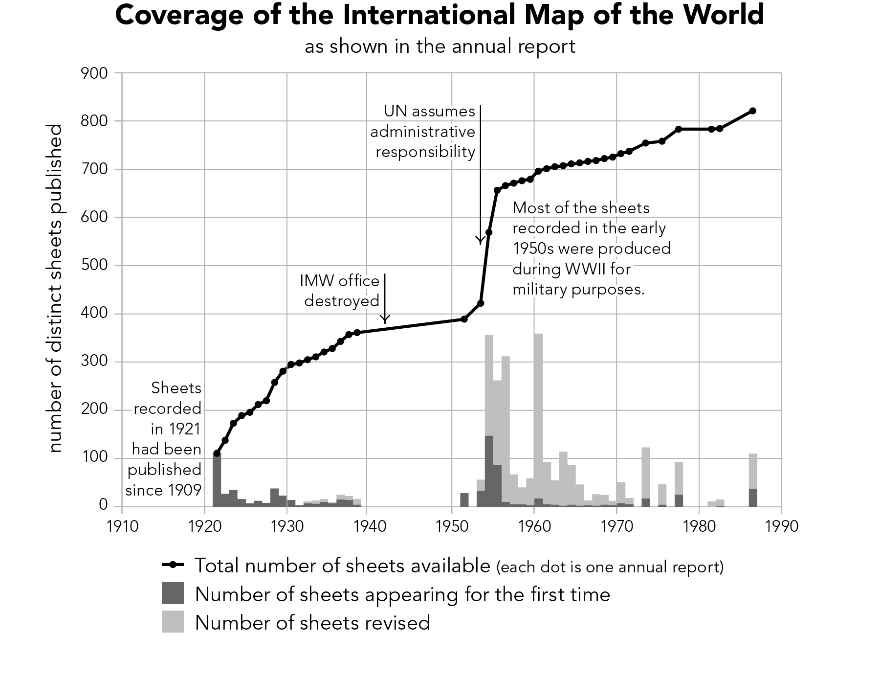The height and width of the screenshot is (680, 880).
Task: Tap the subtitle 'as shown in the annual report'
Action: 440,47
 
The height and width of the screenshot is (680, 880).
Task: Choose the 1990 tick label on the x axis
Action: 781,526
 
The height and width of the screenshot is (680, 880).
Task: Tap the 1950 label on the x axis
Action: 452,526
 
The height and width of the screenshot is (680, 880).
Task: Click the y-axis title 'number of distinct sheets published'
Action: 56,289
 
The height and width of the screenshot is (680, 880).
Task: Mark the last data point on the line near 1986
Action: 752,111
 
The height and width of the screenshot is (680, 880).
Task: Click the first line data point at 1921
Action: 217,453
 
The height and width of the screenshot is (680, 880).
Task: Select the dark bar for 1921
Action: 217,479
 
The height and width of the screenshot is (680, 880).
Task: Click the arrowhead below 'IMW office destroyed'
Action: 385,320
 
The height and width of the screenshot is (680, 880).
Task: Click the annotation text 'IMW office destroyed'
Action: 341,291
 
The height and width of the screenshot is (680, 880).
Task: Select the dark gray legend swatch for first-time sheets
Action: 173,593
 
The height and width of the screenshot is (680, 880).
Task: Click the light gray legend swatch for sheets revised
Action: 173,622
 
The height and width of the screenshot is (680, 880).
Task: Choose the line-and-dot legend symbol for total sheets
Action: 173,566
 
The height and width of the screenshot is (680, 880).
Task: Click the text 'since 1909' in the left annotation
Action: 163,490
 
